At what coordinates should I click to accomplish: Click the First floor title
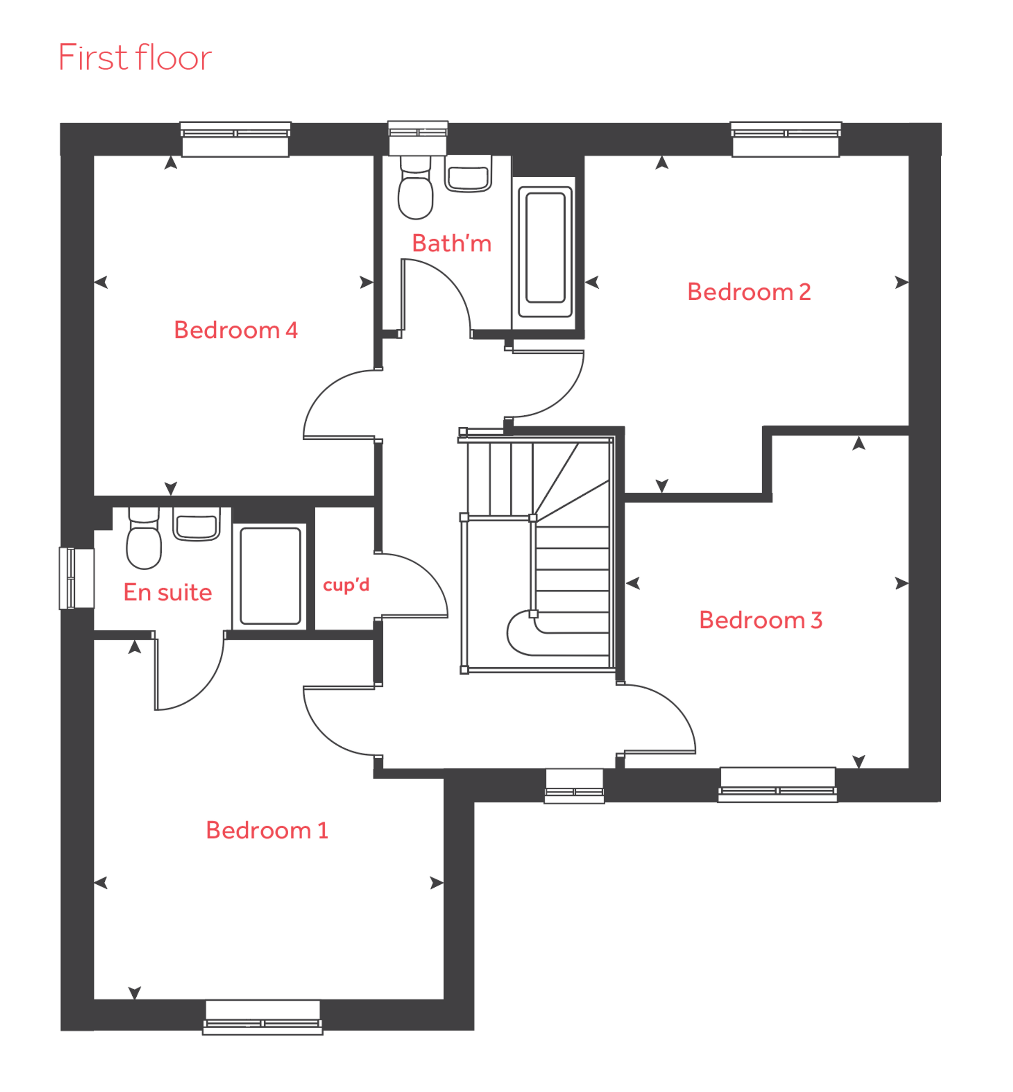coord(135,57)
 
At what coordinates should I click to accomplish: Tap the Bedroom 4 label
coord(236,330)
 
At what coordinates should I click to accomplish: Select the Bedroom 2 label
coord(749,292)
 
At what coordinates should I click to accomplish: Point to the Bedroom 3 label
coord(761,620)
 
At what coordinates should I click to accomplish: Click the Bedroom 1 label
coord(267,830)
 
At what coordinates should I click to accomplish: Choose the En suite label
coord(168,592)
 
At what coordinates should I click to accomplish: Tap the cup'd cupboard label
coord(347,585)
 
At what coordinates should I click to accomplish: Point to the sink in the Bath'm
coord(468,174)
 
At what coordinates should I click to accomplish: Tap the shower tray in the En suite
coord(270,576)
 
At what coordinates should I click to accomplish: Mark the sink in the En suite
coord(197,524)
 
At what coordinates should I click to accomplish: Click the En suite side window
coord(77,578)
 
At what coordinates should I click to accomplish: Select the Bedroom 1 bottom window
coord(263,1017)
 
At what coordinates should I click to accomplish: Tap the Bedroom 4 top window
coord(236,139)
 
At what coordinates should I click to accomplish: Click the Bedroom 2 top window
coord(786,139)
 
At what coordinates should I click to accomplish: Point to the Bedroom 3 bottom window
coord(778,785)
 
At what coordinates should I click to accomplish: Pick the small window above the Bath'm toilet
coord(418,138)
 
